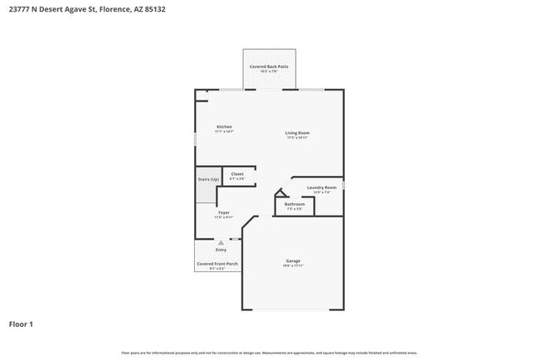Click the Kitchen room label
225,127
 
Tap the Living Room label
297,133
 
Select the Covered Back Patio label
269,66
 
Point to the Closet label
237,173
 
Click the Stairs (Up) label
208,179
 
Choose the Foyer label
224,212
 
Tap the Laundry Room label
322,187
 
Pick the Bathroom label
295,204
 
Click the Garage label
294,260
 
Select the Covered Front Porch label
217,264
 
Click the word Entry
221,250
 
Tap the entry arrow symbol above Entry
221,243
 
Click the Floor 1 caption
22,324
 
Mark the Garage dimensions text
294,265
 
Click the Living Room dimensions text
297,138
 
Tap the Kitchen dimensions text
225,132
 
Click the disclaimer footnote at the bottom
269,353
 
